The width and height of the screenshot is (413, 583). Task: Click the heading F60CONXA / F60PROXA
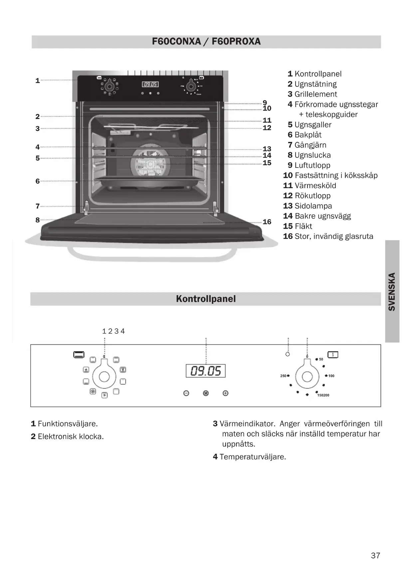coord(206,42)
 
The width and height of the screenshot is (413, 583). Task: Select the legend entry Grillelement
coord(315,94)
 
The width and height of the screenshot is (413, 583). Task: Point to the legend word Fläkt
coord(303,226)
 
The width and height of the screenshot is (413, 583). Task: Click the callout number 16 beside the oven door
coord(267,222)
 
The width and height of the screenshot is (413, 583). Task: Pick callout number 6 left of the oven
coord(38,181)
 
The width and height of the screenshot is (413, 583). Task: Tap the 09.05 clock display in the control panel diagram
coord(206,371)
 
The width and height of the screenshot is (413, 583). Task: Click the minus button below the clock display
coord(186,393)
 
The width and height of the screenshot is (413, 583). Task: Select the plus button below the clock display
coord(225,393)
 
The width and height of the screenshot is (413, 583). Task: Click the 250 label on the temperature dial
coord(283,376)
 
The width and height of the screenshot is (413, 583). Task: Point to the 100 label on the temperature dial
coord(331,376)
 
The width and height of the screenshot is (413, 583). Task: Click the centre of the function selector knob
coord(104,377)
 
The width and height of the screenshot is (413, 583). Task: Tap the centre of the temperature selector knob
coord(307,377)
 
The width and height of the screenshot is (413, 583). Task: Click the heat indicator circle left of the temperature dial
coord(288,354)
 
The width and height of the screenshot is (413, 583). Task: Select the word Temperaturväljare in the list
coord(253,457)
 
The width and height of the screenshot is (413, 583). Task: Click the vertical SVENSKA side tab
coord(392,291)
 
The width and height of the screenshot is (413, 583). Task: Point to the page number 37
coord(375,555)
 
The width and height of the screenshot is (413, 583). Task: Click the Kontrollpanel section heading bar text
coord(206,299)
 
